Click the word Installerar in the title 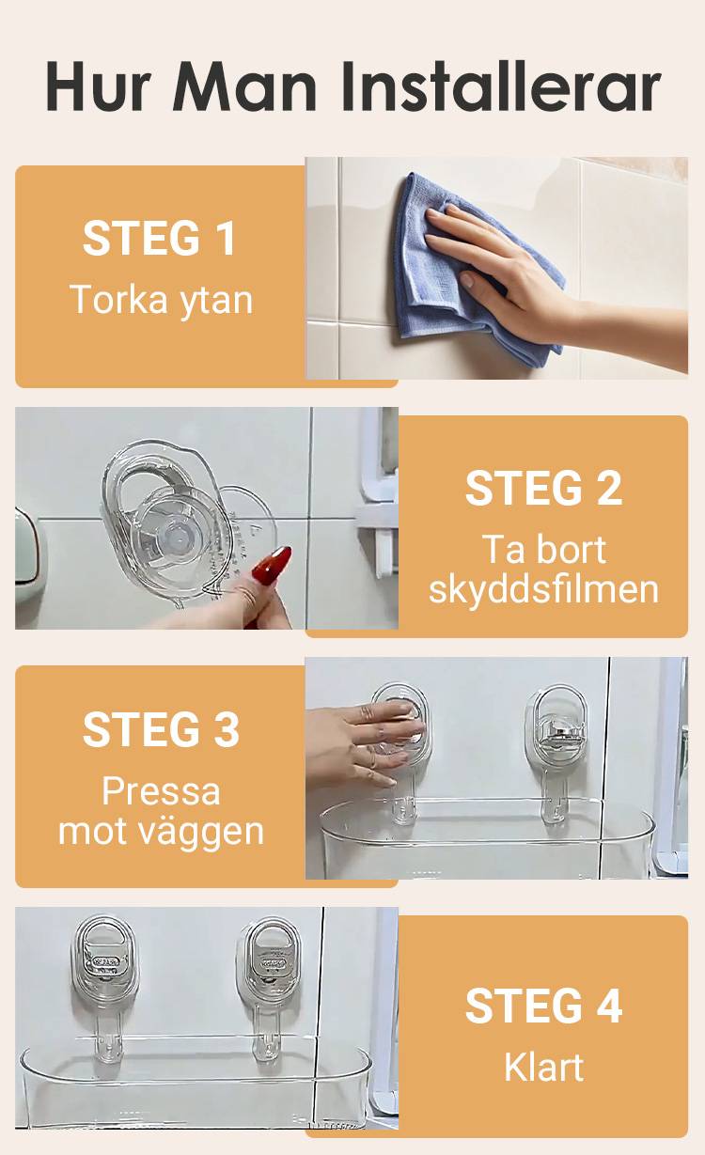click(501, 86)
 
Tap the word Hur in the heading click(98, 86)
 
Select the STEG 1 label click(160, 238)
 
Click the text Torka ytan click(161, 300)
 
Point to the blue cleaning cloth click(464, 273)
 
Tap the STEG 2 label click(543, 488)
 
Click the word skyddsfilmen click(543, 589)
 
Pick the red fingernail click(271, 565)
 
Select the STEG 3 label click(161, 729)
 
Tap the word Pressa click(161, 790)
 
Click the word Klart click(543, 1067)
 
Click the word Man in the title click(245, 86)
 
